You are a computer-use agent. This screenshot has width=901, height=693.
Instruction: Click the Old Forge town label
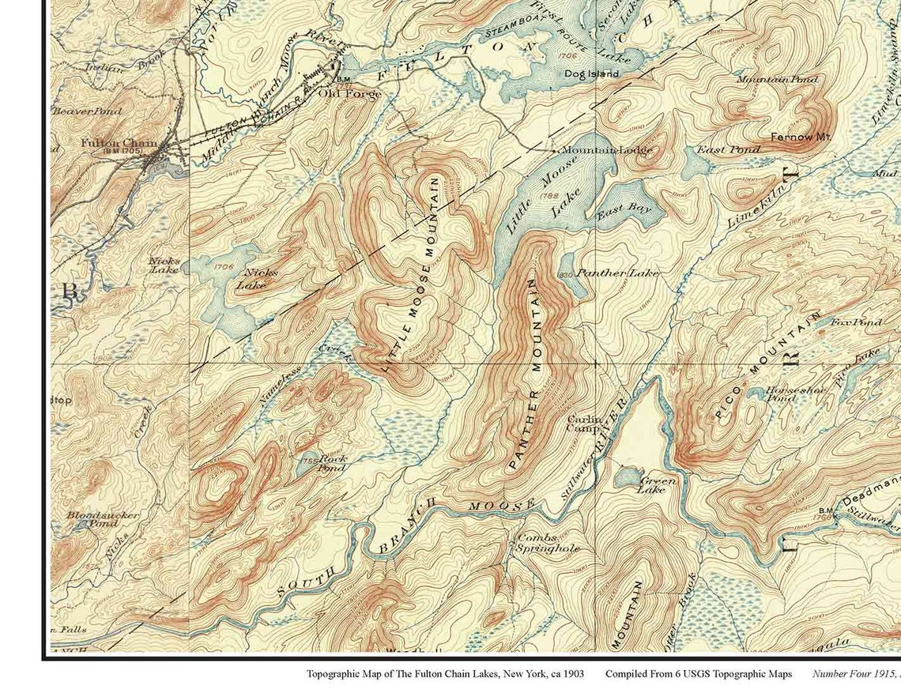click(x=349, y=93)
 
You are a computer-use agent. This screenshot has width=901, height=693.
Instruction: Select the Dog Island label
click(x=591, y=73)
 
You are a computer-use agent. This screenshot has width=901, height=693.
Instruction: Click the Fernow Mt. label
click(x=801, y=137)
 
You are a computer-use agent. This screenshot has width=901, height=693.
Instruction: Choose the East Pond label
click(x=718, y=149)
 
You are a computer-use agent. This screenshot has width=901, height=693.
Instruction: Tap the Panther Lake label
click(x=617, y=273)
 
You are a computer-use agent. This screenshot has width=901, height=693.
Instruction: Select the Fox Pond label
click(x=856, y=322)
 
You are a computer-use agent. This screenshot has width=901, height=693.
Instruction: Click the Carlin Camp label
click(x=583, y=424)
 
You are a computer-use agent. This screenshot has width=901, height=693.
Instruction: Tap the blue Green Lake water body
click(x=628, y=476)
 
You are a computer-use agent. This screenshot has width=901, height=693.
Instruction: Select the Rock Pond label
click(x=332, y=463)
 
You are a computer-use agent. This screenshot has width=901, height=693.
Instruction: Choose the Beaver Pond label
click(x=86, y=111)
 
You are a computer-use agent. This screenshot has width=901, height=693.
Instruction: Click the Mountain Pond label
click(x=778, y=79)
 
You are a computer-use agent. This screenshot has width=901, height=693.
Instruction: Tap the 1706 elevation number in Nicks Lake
click(x=224, y=267)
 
